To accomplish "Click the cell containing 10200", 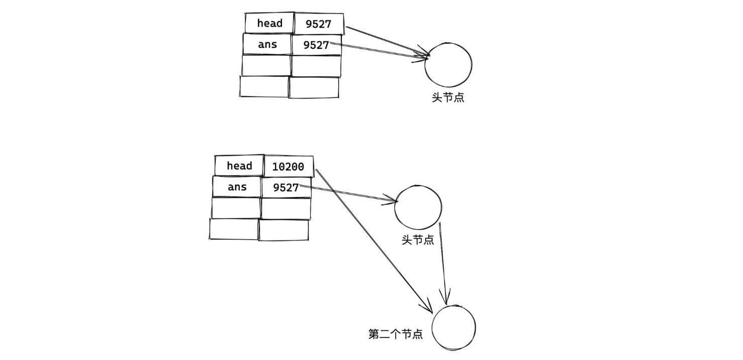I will tap(288, 166).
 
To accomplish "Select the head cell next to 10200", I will tap(239, 165).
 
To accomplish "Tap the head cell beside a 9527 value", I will tap(269, 23).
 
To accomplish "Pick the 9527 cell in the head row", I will tap(319, 24).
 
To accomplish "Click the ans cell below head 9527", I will tap(267, 45).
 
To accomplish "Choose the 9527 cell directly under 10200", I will tap(286, 188).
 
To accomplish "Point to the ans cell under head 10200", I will tap(237, 187).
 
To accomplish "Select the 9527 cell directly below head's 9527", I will tap(316, 45).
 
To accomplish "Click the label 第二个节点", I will tap(396, 334).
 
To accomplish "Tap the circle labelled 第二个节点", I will tap(453, 327).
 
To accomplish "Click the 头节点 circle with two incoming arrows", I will tap(448, 64).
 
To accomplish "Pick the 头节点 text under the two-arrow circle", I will tap(448, 98).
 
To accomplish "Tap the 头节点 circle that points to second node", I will tap(418, 206).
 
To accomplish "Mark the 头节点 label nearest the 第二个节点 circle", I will tap(418, 240).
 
